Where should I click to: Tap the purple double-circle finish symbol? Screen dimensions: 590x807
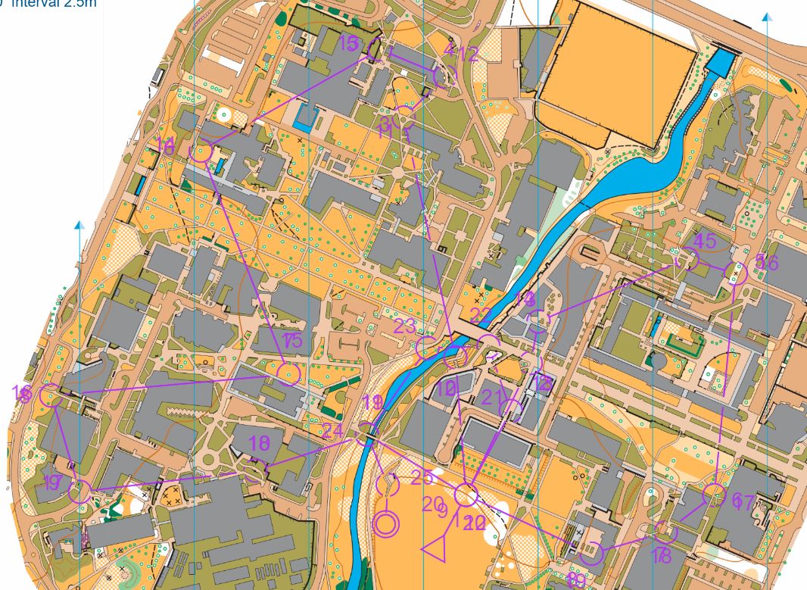tap(386, 523)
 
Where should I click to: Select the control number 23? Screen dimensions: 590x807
tap(406, 326)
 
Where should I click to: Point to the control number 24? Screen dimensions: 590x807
tap(332, 431)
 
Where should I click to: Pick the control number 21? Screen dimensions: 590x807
tap(492, 396)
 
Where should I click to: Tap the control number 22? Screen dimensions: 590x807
tap(480, 315)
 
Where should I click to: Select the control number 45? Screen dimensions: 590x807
tap(705, 242)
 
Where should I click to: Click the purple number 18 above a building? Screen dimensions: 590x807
tap(260, 443)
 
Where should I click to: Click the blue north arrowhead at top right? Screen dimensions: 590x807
tap(767, 17)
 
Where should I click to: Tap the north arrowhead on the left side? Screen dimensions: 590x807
tap(79, 225)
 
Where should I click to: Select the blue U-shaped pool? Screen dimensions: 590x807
tap(306, 117)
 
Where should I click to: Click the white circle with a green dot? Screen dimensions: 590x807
tap(224, 114)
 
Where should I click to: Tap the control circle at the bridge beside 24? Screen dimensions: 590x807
tap(368, 431)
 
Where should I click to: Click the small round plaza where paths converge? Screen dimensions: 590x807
tap(397, 173)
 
